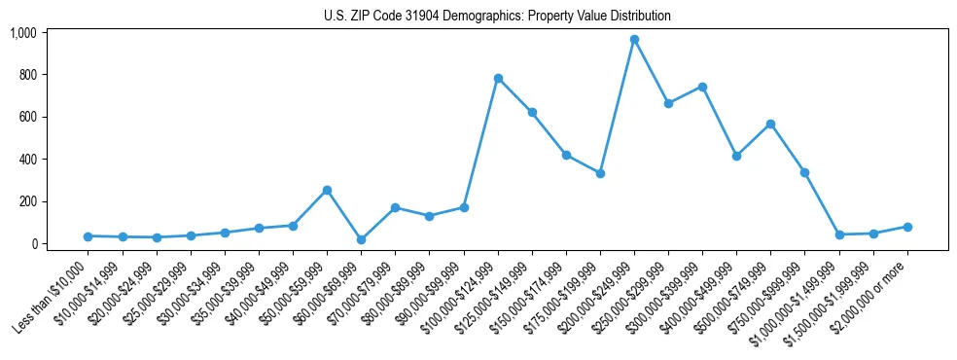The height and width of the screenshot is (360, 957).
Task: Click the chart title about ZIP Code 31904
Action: [497, 17]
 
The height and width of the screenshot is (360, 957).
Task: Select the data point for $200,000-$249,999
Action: [634, 40]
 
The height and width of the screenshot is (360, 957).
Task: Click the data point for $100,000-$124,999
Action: [498, 78]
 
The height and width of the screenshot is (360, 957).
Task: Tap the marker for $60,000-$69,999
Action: [361, 239]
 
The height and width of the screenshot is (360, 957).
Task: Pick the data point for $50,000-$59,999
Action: [327, 190]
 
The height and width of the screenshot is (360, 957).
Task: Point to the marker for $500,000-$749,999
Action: [770, 124]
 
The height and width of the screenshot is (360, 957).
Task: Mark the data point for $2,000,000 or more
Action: [907, 227]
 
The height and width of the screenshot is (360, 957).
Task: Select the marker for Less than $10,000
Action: [88, 236]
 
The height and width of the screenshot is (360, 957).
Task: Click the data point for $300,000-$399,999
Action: [702, 87]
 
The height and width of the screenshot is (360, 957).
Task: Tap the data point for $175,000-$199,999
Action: [600, 173]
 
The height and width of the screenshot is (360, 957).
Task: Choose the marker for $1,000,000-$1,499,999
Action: [839, 234]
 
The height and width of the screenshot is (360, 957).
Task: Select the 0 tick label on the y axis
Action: [33, 244]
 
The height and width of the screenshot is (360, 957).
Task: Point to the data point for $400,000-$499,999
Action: [736, 156]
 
